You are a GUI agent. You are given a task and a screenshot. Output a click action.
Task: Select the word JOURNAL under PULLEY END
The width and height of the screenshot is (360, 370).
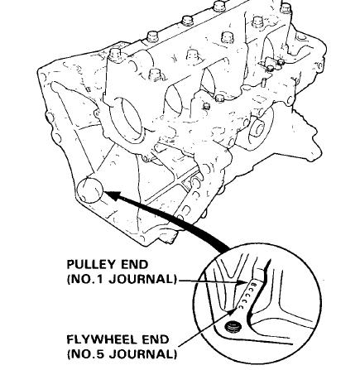point(140,279)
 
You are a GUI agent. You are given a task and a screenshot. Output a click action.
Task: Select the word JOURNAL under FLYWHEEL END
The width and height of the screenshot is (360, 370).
point(140,354)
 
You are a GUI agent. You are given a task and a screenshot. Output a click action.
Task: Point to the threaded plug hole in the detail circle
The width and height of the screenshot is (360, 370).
point(233,327)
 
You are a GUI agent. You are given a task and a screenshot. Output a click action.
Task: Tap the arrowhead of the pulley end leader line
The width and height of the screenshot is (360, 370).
point(243,282)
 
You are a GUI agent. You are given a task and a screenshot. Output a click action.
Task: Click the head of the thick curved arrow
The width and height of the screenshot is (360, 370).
point(113,195)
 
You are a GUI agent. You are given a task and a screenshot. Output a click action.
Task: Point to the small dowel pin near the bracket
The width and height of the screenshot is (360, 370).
point(264,82)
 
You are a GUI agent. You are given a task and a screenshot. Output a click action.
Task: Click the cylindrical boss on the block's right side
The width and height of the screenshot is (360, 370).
point(257,129)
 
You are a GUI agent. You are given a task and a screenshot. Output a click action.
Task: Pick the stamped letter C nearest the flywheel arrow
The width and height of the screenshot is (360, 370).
point(241,306)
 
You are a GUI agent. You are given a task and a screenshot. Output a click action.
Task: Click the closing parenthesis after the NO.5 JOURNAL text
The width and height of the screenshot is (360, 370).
point(175,354)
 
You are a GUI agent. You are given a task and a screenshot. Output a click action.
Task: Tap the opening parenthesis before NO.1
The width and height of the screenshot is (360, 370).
point(70,280)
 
